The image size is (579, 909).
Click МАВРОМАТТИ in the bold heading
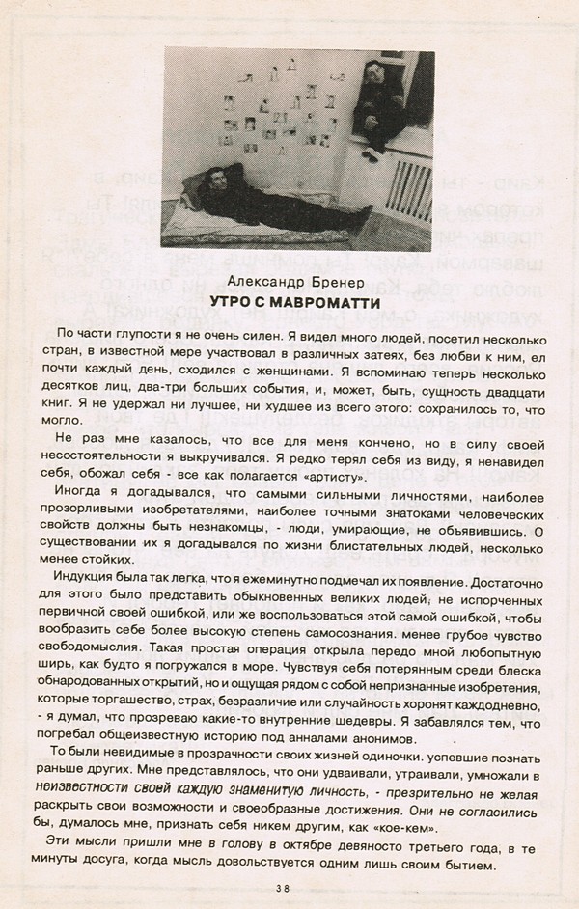point(322,302)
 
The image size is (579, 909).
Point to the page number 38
point(284,889)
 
